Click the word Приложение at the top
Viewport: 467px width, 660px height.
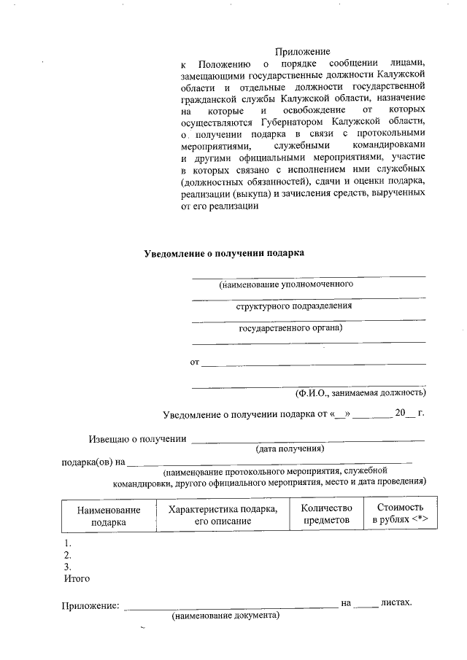302,52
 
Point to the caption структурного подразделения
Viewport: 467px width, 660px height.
293,306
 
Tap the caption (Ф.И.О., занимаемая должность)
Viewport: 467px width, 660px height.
360,393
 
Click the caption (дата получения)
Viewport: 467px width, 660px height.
289,448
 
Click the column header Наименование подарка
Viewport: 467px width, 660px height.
108,516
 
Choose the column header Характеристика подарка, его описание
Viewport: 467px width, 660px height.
223,515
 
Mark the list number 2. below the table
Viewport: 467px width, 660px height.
68,555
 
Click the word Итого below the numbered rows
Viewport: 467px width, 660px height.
77,578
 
